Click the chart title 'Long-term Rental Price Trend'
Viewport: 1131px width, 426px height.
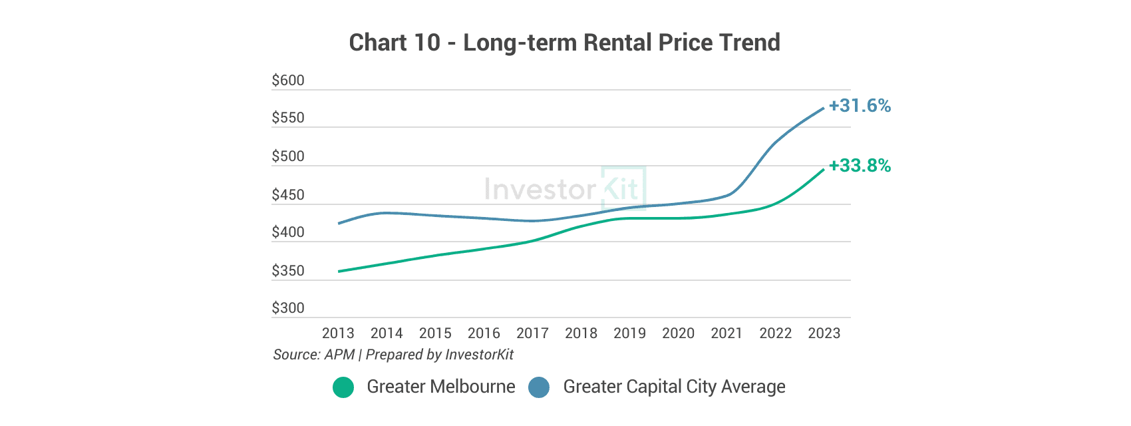[x=621, y=43]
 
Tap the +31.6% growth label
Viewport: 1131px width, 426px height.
[x=860, y=106]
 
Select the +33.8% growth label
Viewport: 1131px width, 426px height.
[x=860, y=166]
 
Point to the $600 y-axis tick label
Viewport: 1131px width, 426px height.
[x=288, y=81]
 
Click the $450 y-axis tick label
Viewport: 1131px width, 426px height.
[x=288, y=194]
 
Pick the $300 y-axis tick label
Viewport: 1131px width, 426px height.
[x=288, y=308]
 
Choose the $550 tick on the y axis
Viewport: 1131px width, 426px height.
[x=288, y=118]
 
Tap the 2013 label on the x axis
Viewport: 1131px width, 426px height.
[x=338, y=333]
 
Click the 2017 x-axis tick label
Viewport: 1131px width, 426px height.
[x=533, y=333]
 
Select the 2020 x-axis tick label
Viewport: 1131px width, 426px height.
[x=679, y=333]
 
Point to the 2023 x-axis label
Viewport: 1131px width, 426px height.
[x=824, y=333]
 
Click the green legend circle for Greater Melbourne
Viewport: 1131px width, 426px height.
[x=343, y=387]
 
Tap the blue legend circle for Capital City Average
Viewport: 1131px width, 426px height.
[x=539, y=387]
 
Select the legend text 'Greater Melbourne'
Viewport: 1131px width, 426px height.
[x=441, y=387]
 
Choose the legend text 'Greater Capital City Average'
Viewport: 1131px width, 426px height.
[x=674, y=387]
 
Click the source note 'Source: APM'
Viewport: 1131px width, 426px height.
[x=313, y=355]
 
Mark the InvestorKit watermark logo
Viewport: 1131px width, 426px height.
[x=565, y=188]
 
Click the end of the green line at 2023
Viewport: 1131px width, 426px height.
[x=824, y=170]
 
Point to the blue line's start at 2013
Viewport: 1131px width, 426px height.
[x=339, y=224]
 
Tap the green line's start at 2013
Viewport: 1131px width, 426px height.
[x=339, y=272]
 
